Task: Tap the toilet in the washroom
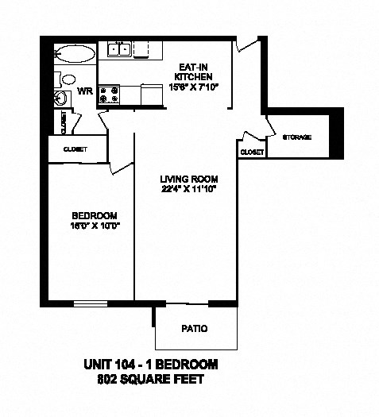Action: tap(64, 79)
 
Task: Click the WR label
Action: tap(85, 91)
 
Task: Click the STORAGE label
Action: tap(297, 137)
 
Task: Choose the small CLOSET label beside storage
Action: tap(251, 151)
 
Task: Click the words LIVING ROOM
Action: tap(188, 178)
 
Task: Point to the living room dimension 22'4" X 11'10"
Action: tap(188, 189)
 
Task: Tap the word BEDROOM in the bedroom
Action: tap(95, 215)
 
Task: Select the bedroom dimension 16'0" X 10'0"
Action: tap(95, 226)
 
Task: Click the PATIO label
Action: tap(195, 327)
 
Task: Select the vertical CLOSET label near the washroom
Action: tap(63, 123)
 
